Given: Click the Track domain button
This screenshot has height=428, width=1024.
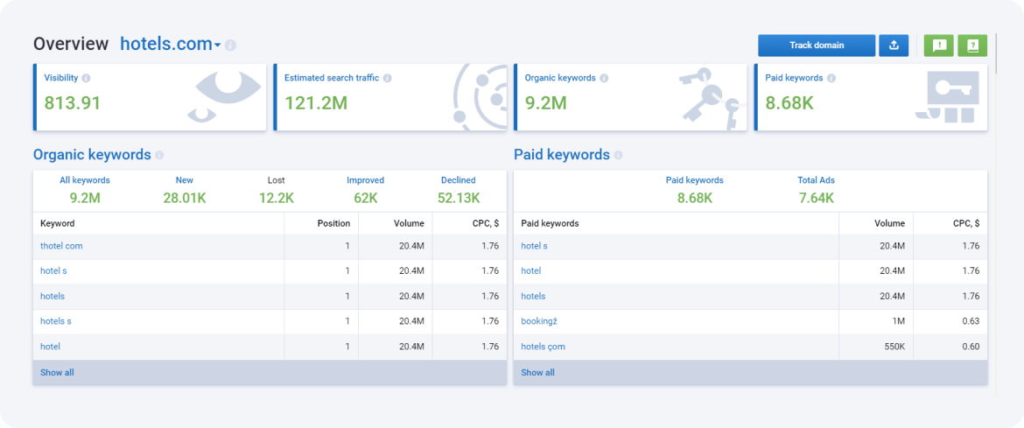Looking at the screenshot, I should pos(816,46).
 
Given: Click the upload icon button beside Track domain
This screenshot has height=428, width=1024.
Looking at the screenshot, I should pos(894,46).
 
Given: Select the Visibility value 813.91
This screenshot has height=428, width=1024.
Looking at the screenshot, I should pos(73,103).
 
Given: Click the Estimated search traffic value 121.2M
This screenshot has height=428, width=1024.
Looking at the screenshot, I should pos(316,103).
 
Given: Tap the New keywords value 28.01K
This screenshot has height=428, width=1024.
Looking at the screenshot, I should pos(184,198).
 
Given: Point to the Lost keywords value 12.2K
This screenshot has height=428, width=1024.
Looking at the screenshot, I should pos(276,198).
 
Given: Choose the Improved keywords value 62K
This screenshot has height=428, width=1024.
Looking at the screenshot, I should pos(365,198).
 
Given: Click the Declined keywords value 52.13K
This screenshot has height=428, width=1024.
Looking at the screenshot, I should pos(459,198).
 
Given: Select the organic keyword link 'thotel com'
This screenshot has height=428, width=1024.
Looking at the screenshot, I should pos(61,246).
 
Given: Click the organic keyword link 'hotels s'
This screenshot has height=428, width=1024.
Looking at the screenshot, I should pos(55,321).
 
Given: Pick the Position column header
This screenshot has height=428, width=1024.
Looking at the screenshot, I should pos(333,223).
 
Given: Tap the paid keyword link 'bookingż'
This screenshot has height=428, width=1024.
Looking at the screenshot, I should pos(539,321).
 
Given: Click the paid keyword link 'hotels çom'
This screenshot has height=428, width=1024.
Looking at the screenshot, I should pos(543,347).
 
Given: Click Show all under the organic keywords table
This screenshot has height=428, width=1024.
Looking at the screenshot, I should pos(57,373).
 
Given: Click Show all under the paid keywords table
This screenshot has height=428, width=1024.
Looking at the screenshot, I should pos(537,373).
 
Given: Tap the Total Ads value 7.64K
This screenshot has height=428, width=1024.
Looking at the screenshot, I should pos(816,198).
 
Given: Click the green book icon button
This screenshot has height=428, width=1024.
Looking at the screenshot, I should pos(972,46).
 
